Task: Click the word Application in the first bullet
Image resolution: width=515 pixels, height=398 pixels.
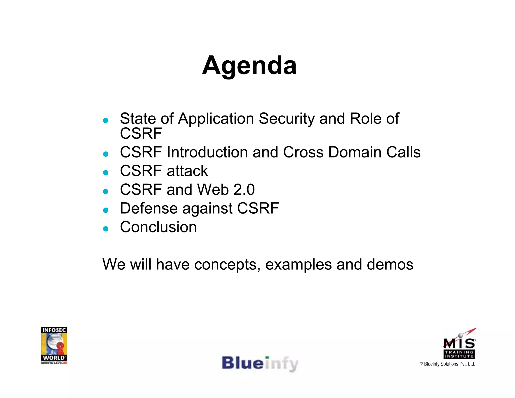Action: click(216, 119)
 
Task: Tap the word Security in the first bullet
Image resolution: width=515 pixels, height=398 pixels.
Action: click(286, 119)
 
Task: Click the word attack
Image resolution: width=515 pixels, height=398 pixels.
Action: click(187, 171)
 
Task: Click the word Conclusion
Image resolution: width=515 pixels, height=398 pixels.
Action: click(158, 227)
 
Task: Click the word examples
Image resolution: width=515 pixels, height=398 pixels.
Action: click(298, 265)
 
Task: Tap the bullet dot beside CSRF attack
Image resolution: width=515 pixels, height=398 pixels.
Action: click(106, 173)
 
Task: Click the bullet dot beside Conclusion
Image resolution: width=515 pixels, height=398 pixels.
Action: click(106, 229)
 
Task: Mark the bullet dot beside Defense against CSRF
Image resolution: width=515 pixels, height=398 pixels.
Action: click(106, 210)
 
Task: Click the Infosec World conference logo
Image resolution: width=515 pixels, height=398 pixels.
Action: click(54, 345)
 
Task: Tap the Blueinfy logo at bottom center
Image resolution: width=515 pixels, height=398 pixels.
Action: click(260, 364)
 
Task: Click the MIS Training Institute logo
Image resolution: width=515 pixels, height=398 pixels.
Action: click(459, 344)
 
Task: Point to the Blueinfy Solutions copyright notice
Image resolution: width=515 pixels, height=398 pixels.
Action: click(447, 364)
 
